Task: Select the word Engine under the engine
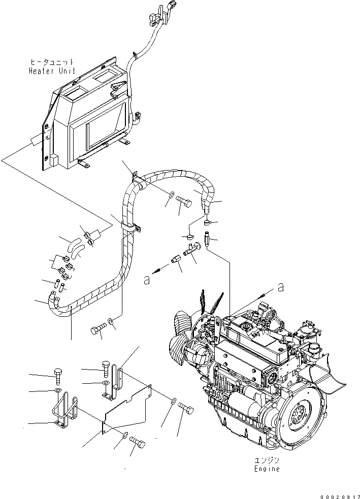point(267,469)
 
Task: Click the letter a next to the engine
point(279,287)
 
